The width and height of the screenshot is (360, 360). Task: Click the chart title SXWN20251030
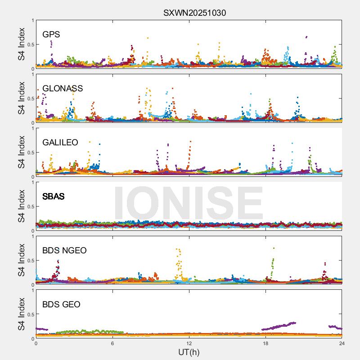194,13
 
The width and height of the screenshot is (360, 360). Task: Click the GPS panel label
51,35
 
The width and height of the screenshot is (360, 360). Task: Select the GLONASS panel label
63,89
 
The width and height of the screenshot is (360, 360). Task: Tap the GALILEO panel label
60,143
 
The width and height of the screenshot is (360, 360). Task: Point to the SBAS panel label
53,197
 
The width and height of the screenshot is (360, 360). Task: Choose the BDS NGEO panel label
64,251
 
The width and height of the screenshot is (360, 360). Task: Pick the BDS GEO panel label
61,305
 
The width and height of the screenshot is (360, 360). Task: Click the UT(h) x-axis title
189,352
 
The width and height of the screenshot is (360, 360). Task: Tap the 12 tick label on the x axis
189,344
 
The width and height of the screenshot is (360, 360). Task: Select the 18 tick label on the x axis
265,344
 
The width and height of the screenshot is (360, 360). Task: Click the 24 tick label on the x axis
342,344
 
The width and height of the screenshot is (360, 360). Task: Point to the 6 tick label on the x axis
112,344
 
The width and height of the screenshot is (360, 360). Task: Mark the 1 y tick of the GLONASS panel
32,75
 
